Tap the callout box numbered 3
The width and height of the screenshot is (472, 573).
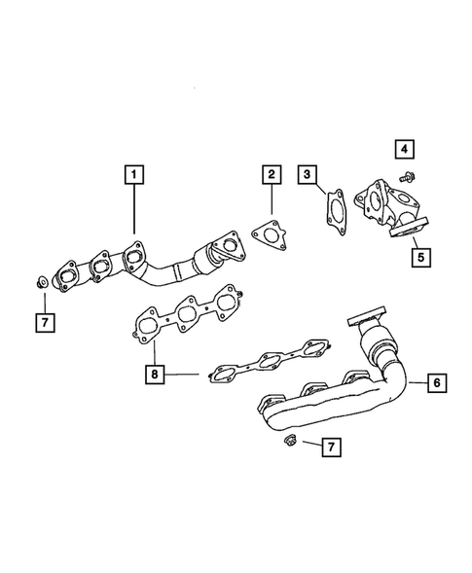click(308, 176)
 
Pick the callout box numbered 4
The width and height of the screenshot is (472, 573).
click(405, 149)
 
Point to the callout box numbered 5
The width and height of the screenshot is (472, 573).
click(419, 258)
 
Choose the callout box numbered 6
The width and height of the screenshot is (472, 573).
click(436, 383)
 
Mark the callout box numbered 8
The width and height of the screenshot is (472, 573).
click(153, 373)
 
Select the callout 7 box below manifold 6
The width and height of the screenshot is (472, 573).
click(330, 447)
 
